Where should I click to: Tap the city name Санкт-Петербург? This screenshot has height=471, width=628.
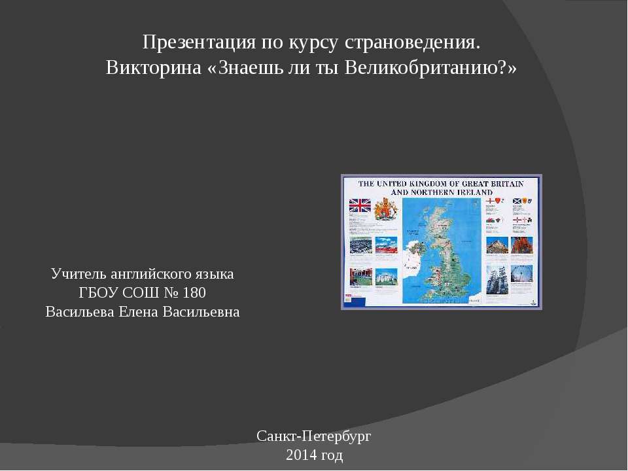coord(314,436)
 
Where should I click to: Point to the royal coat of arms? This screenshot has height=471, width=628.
coord(386,208)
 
